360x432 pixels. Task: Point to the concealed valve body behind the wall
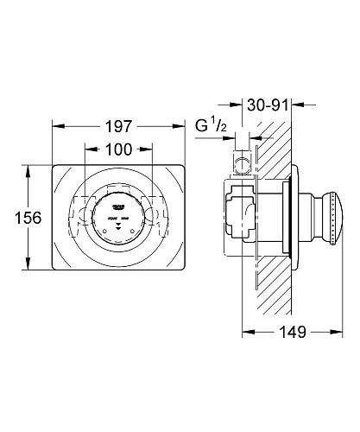243,216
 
